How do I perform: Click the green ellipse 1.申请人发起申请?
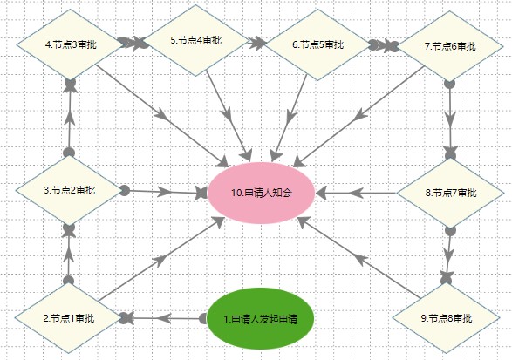(x=261, y=318)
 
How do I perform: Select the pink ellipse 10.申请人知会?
(x=261, y=193)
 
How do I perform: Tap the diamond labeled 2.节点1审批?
(x=69, y=318)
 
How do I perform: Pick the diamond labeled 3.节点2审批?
(x=69, y=190)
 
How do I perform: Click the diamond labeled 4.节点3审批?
(x=69, y=44)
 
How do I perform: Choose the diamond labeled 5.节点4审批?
(x=196, y=40)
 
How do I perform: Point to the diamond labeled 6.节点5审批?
(x=317, y=44)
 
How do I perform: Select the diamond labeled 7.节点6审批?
(x=450, y=46)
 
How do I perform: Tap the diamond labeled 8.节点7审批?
(x=451, y=193)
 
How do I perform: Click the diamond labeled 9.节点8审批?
(x=446, y=318)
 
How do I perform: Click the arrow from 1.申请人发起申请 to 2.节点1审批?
(x=162, y=318)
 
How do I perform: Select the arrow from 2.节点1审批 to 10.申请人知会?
(x=161, y=259)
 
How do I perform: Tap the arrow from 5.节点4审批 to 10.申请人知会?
(x=229, y=116)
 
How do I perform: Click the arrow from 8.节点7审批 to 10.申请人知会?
(x=356, y=193)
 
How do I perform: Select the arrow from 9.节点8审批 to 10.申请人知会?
(x=358, y=258)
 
